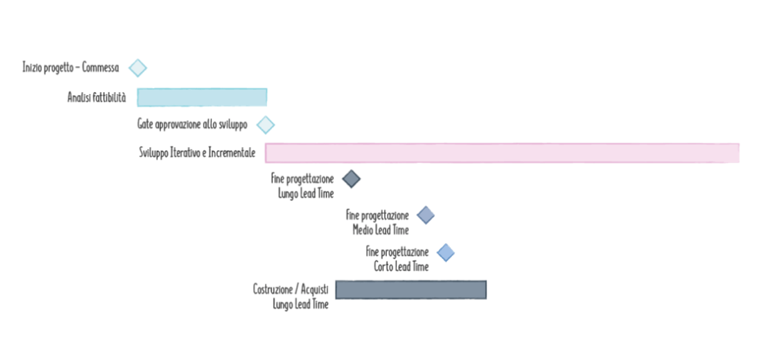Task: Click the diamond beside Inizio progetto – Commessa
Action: tap(138, 67)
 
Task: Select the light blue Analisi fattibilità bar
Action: tap(202, 97)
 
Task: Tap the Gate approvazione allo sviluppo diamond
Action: tap(266, 125)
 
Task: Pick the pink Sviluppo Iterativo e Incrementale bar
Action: tap(502, 153)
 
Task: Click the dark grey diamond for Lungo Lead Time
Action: tap(351, 179)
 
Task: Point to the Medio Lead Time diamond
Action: tap(426, 215)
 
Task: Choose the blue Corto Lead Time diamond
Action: tap(446, 252)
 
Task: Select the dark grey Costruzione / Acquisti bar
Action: tap(411, 289)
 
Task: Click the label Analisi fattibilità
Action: tap(96, 98)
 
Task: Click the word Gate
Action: tap(144, 125)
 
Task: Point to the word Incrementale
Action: tap(232, 153)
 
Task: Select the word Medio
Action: tap(363, 230)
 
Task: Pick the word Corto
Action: tap(384, 266)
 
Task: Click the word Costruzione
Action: tap(273, 289)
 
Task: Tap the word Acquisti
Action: tap(315, 289)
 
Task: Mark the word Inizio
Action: tap(32, 67)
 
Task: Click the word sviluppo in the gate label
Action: tap(233, 125)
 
